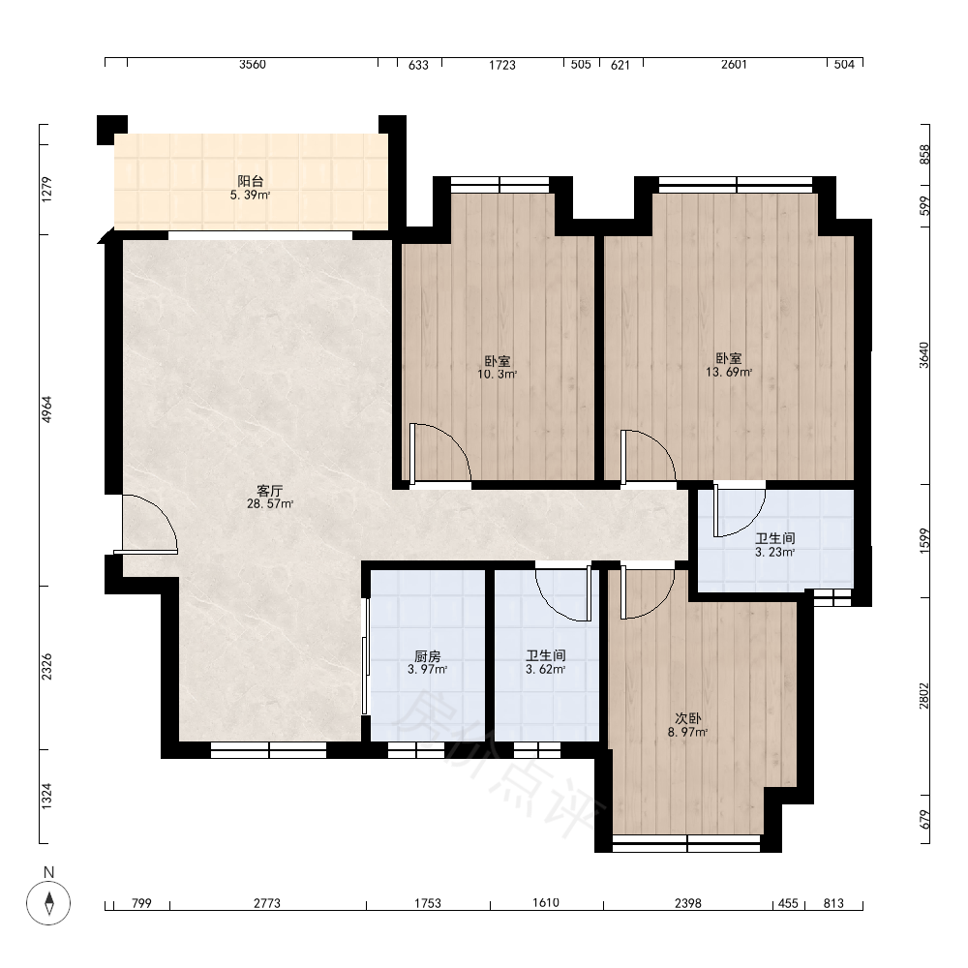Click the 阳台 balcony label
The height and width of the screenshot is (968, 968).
pos(251,181)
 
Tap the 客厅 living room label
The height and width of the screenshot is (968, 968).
pos(270,491)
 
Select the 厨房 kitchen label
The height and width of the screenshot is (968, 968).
pos(427,656)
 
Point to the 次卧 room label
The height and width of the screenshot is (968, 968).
pos(687,718)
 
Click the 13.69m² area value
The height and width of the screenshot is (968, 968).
pos(729,373)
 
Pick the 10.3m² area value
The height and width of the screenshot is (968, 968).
pos(497,374)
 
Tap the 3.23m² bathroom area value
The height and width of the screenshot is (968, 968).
pos(774,552)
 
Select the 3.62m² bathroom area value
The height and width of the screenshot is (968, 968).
pos(546,669)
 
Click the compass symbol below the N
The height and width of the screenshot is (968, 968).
pos(48,903)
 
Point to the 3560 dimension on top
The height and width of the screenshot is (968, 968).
pos(253,64)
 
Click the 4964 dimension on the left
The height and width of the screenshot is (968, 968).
pos(46,408)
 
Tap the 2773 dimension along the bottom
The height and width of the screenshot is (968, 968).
pos(267,903)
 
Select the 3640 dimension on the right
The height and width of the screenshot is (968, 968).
pos(923,355)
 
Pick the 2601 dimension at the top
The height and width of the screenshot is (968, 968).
pos(734,64)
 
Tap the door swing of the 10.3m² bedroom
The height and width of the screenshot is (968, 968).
pos(440,452)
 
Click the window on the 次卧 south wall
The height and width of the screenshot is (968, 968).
pos(686,844)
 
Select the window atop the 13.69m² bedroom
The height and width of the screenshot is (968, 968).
pos(736,185)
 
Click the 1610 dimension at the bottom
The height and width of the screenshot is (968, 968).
pos(546,903)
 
